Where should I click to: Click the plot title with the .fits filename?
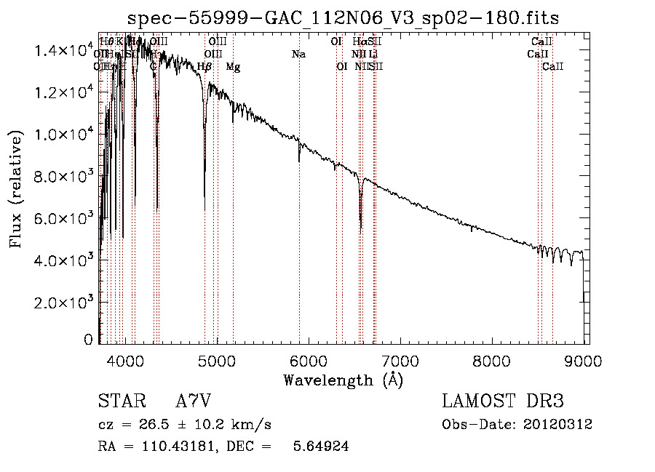click(x=342, y=17)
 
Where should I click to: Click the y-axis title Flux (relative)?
click(x=17, y=188)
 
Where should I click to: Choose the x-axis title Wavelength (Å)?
click(x=343, y=379)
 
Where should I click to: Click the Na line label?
click(x=298, y=55)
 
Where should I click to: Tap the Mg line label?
click(x=233, y=67)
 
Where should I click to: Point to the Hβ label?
click(x=205, y=67)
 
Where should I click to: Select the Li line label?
click(x=373, y=55)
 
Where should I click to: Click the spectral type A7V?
click(x=194, y=401)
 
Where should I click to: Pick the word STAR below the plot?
click(x=121, y=401)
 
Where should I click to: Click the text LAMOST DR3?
click(x=503, y=401)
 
